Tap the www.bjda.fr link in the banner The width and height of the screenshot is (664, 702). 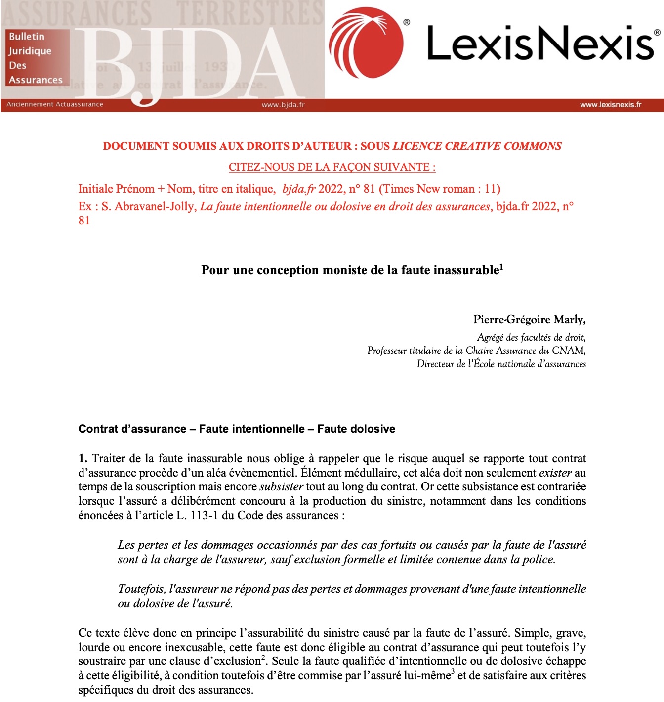pos(283,105)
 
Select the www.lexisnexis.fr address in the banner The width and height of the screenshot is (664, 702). pos(611,105)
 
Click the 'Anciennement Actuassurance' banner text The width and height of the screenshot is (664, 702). pos(55,104)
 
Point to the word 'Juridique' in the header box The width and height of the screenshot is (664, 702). pos(30,51)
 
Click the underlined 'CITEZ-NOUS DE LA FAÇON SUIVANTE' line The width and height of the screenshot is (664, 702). pos(332,167)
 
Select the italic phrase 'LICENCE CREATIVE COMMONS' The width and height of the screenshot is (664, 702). pos(477,146)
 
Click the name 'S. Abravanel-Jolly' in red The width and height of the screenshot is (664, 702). pos(148,206)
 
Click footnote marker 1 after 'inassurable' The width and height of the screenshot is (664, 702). pos(501,267)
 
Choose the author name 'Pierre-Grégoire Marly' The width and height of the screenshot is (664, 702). pos(529,319)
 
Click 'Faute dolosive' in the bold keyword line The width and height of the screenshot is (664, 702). pos(356,429)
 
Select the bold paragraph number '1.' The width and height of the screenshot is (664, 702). pos(83,458)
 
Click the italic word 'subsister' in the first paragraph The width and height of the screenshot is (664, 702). pos(281,486)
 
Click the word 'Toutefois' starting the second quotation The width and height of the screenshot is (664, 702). pos(141,589)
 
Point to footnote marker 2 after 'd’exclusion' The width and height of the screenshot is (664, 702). pos(264,658)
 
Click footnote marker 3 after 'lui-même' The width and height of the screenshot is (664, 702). pos(453,672)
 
